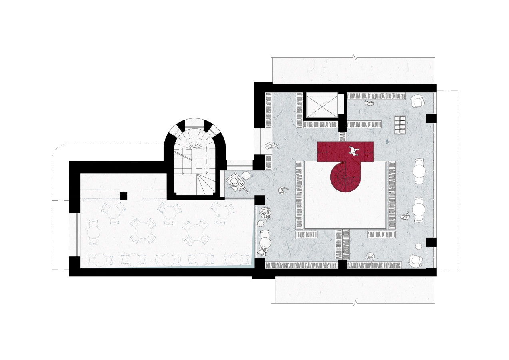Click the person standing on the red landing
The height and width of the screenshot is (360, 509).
coord(353,151)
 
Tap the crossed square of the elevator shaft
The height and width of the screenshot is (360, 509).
coord(321,106)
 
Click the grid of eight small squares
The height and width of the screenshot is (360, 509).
coord(399,124)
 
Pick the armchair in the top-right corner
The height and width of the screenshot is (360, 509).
coord(418,101)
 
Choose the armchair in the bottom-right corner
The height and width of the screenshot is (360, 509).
coord(416,261)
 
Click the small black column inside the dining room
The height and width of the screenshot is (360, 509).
coord(124,196)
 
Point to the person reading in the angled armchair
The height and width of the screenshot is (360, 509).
coord(236,183)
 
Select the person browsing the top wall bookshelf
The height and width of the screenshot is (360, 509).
coord(370,103)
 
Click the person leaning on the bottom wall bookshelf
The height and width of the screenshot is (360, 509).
coord(371,257)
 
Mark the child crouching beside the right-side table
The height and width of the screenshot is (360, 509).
coord(405,216)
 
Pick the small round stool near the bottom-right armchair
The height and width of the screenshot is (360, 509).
coord(419,246)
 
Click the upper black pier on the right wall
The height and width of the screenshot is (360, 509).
coord(431,118)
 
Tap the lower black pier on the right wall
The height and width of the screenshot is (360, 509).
coord(431,242)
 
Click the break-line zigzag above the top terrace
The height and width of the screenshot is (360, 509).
coord(353,57)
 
